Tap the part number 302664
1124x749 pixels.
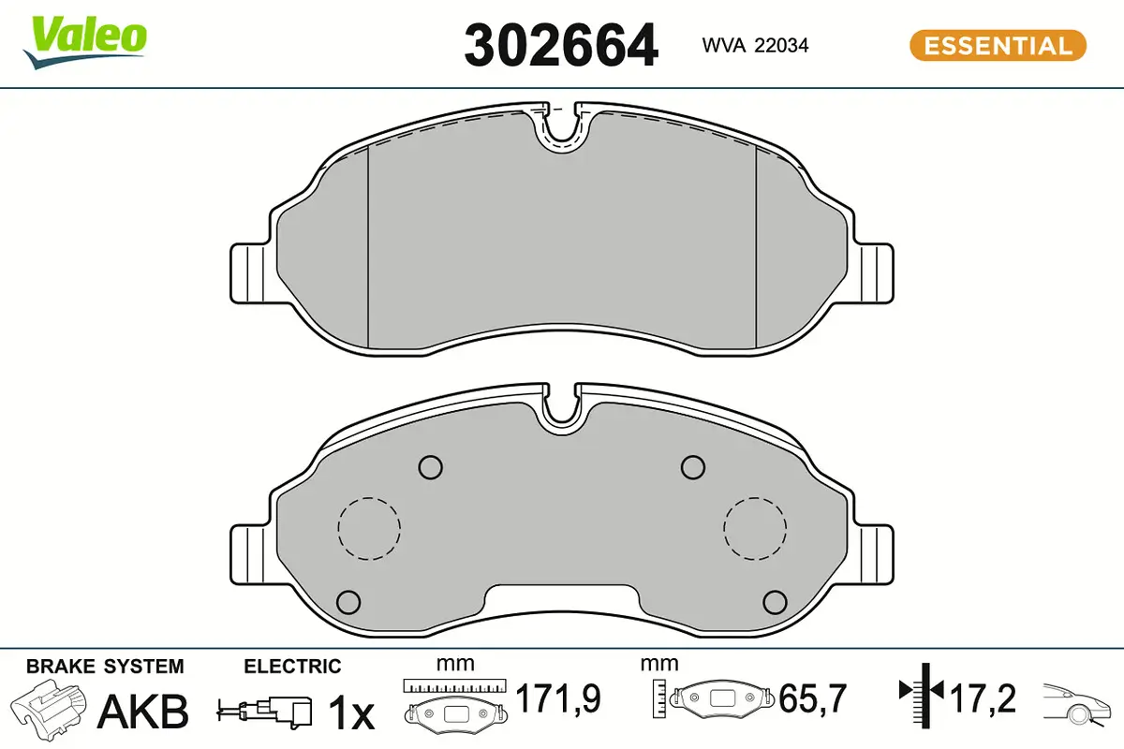coord(561,46)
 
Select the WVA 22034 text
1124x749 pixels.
coord(755,46)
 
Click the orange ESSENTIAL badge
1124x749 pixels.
coord(998,46)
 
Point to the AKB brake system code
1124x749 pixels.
coord(143,712)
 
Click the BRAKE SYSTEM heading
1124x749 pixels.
coord(105,667)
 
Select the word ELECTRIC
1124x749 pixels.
coord(292,667)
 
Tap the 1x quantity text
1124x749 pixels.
coord(350,712)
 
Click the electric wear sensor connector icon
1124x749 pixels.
coord(264,712)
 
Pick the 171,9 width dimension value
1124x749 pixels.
coord(558,698)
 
